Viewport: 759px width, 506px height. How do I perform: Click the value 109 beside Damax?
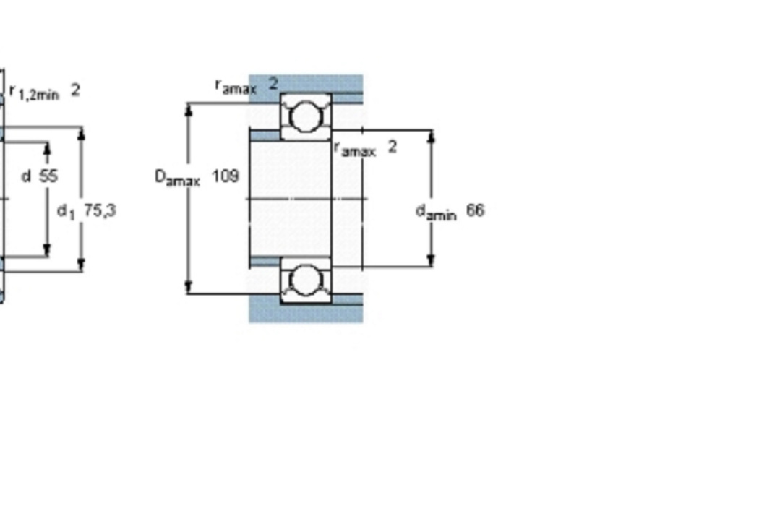(226, 176)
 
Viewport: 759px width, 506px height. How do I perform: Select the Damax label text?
(177, 178)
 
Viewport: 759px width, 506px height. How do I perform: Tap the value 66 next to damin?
(476, 210)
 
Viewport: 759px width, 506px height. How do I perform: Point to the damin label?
(436, 212)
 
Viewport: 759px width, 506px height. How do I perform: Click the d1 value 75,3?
(100, 210)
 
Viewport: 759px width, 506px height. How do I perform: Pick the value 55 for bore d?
(48, 176)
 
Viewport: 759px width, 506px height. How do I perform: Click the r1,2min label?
(35, 92)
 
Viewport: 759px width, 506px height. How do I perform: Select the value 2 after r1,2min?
(75, 90)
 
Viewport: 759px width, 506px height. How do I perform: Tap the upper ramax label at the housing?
(236, 87)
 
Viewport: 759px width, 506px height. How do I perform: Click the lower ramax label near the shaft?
(355, 149)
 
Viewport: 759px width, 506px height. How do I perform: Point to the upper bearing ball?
(306, 116)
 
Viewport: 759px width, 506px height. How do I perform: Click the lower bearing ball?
(306, 281)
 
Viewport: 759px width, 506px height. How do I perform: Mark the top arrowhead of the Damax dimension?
(189, 109)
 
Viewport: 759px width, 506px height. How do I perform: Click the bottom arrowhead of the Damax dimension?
(189, 287)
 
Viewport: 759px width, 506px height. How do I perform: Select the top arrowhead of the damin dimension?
(432, 137)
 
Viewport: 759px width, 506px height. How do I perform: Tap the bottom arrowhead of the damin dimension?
(432, 260)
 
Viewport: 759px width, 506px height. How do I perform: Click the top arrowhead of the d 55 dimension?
(47, 149)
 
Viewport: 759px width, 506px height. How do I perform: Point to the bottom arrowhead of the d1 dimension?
(81, 265)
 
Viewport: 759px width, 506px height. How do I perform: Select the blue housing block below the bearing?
(306, 313)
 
